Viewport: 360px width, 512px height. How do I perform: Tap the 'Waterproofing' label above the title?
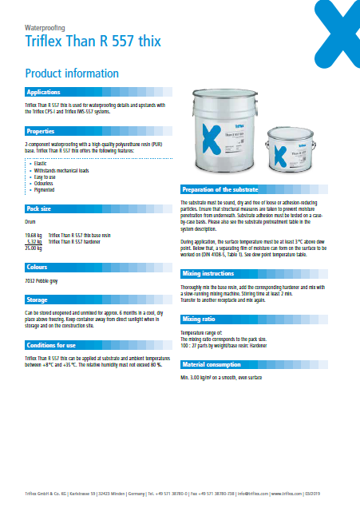point(45,26)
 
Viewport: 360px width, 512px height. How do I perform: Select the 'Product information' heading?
point(72,73)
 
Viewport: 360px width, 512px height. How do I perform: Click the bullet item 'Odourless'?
point(42,184)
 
